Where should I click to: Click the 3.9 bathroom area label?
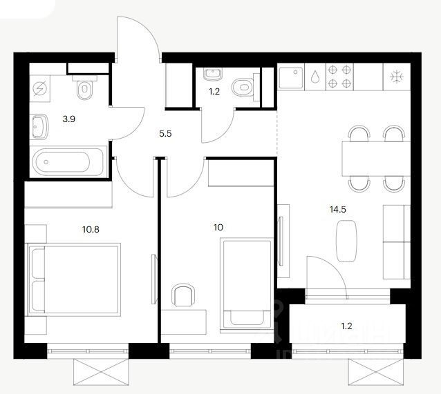click(68, 119)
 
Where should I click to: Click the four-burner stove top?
click(340, 76)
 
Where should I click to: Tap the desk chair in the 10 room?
click(183, 295)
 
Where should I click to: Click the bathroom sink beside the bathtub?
click(41, 126)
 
